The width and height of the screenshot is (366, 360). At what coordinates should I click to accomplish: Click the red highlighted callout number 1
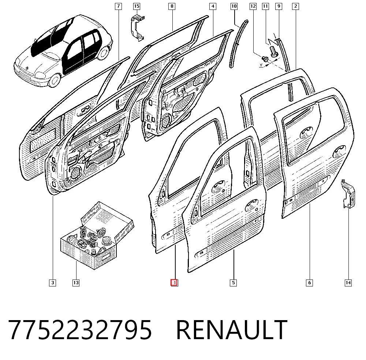(x=174, y=283)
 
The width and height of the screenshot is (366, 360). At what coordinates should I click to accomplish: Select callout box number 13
(x=76, y=283)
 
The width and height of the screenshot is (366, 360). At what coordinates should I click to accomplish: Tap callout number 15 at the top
(x=137, y=6)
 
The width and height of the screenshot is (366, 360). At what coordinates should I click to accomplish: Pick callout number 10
(x=234, y=6)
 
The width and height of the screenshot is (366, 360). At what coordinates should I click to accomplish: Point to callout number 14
(x=348, y=283)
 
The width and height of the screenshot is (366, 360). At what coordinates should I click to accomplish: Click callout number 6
(x=309, y=283)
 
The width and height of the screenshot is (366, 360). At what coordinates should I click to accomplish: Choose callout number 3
(x=52, y=283)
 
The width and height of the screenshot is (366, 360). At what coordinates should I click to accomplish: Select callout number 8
(x=172, y=6)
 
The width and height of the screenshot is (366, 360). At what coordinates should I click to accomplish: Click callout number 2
(x=295, y=6)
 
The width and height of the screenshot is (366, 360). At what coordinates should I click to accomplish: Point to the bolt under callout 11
(x=273, y=51)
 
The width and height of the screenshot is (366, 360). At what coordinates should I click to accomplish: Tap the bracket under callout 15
(x=137, y=28)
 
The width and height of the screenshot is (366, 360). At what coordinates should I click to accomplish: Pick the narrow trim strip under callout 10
(x=238, y=44)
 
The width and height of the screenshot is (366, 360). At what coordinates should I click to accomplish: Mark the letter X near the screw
(x=261, y=65)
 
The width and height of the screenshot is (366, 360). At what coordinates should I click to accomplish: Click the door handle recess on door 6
(x=339, y=149)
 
